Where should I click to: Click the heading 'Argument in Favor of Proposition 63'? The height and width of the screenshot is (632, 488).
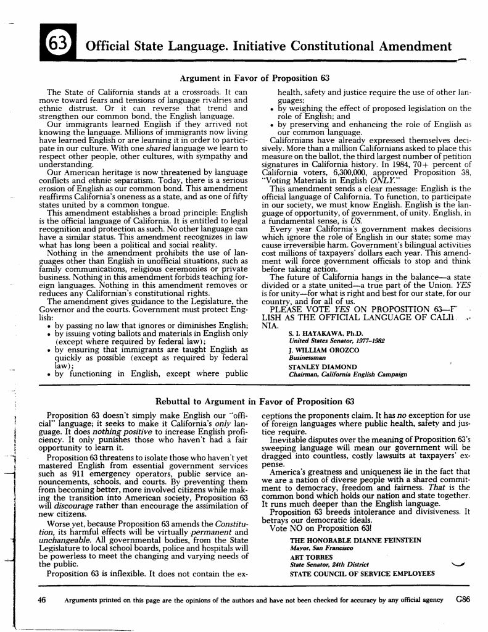pyautogui.click(x=254, y=78)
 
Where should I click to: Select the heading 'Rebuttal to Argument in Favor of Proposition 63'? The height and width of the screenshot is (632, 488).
pyautogui.click(x=254, y=401)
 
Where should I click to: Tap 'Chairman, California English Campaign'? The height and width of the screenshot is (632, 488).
pyautogui.click(x=348, y=375)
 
